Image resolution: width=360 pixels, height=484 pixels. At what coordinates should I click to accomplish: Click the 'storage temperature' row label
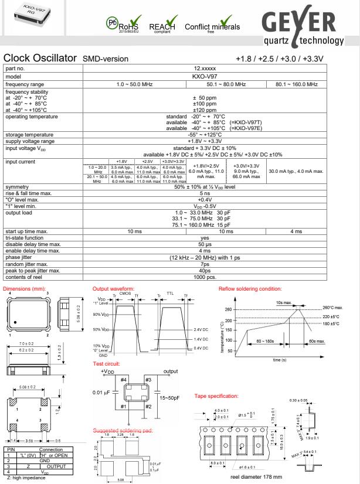coord(28,134)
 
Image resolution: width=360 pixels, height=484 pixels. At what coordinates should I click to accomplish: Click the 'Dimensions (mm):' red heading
coord(24,288)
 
